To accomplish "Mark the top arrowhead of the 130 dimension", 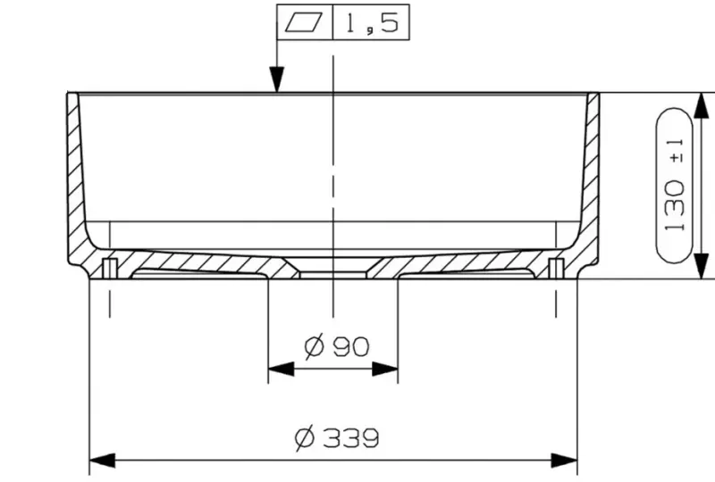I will [701, 104].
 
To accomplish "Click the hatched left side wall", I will [78, 179].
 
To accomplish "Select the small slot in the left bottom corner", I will [109, 267].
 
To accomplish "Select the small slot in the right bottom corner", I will [555, 267].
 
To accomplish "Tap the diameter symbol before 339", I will [304, 438].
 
